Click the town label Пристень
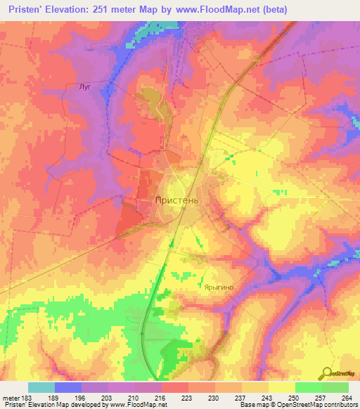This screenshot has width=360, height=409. (x=177, y=200)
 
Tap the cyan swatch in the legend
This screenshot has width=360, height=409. (x=41, y=387)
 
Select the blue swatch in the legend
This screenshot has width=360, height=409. (x=67, y=387)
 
